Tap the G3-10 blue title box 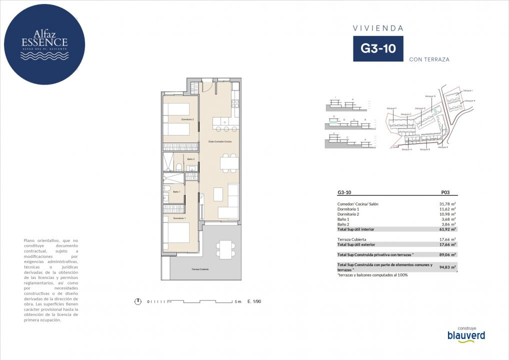(378, 49)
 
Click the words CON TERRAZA (429, 59)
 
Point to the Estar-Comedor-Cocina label (220, 141)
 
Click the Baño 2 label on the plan (191, 159)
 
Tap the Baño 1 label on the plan (176, 191)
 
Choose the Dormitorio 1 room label (179, 218)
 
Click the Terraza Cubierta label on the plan (200, 269)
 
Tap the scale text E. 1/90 (254, 301)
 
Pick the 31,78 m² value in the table (444, 203)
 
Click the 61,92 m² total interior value (444, 229)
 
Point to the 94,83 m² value (444, 267)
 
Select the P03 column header (446, 191)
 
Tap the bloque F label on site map (391, 108)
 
